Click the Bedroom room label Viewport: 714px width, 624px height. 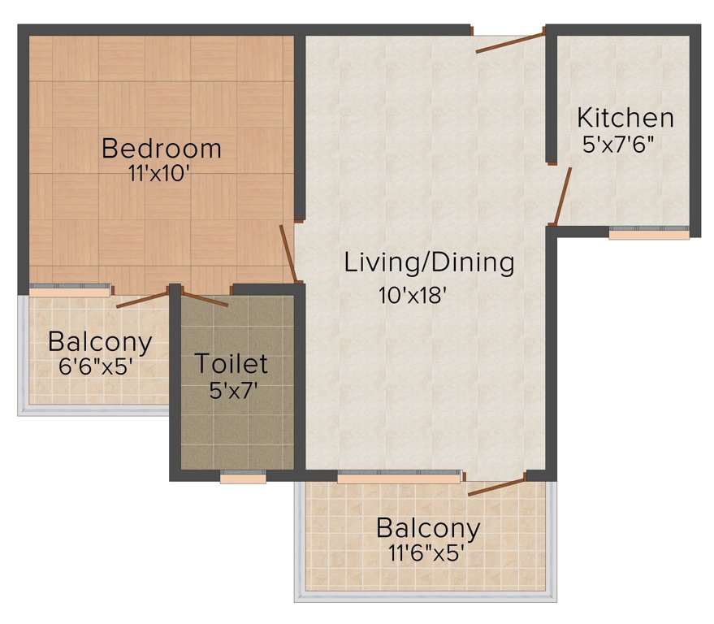coord(162,149)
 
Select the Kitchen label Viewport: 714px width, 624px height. coord(625,118)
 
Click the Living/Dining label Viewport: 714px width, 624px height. coord(430,262)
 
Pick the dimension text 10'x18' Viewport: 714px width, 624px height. coord(413,296)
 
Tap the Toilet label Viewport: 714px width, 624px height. coord(231,363)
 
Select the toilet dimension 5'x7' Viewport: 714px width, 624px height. coord(233,389)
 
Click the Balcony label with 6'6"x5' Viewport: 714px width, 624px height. coord(100,342)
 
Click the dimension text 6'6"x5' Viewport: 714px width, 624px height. coord(95,366)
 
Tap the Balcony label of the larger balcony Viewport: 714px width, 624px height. coord(428,528)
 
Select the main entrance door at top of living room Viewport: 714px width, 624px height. coord(509,42)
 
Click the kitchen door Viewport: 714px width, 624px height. coord(561,196)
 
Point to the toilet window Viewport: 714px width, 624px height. coord(243,478)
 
